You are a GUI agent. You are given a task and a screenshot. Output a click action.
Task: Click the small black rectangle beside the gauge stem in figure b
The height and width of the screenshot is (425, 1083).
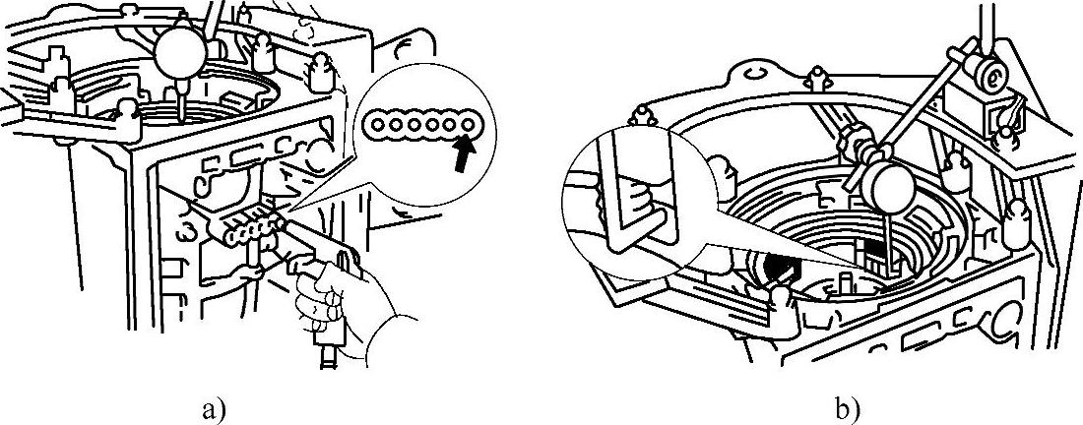pos(871,259)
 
